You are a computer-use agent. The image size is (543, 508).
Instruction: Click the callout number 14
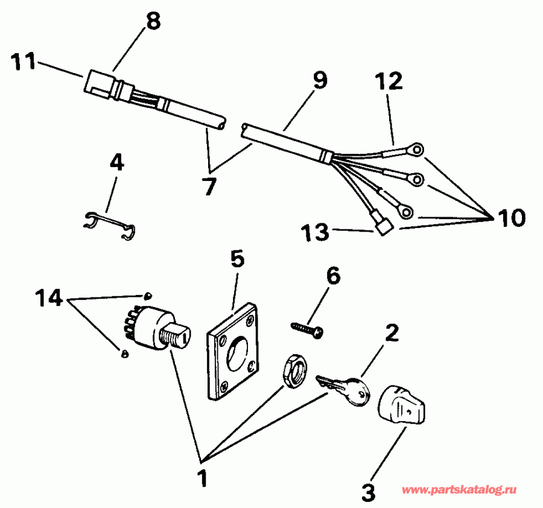[x=51, y=298]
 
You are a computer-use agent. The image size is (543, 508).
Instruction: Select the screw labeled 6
[x=308, y=328]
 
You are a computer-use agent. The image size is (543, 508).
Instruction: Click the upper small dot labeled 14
[x=147, y=295]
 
